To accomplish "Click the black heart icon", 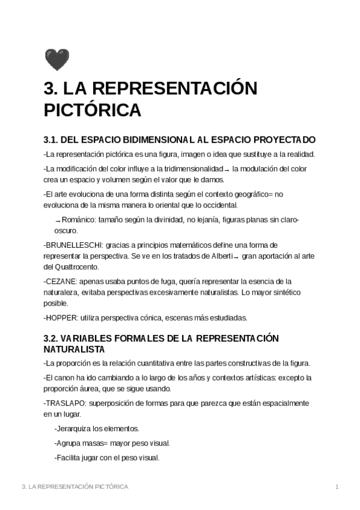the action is (57, 60).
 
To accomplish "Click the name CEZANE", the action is (60, 281).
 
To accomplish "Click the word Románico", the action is (79, 220).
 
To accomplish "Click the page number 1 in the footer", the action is (337, 486).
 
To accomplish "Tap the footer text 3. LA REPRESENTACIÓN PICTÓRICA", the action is (75, 486).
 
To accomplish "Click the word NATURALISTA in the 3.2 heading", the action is (75, 349).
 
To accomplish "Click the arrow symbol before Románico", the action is (58, 221).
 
